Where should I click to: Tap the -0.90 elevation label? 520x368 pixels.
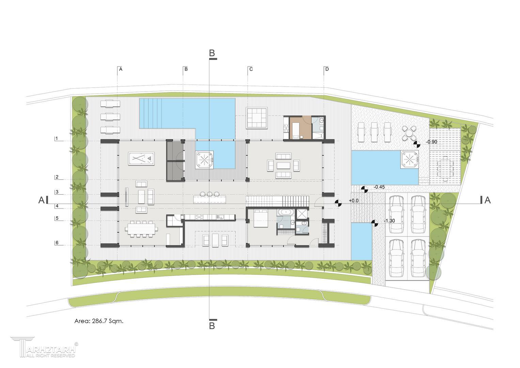[432, 142]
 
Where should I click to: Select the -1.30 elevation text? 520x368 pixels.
[389, 221]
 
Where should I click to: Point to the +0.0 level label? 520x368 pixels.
[353, 200]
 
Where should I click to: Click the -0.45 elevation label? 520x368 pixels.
[379, 187]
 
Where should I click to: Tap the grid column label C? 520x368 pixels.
[251, 69]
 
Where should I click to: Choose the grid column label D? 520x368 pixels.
[327, 69]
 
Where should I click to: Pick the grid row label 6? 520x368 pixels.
[57, 243]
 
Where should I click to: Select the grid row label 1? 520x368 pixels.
[57, 139]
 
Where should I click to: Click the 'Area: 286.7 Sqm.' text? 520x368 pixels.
[99, 321]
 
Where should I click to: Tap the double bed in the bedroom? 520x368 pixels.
[261, 218]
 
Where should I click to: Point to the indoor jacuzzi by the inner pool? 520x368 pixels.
[204, 159]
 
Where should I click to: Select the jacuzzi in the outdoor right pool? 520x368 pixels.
[409, 159]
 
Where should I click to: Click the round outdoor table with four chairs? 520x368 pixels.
[409, 133]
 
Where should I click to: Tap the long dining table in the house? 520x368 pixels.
[141, 229]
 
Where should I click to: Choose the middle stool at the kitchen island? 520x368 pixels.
[210, 193]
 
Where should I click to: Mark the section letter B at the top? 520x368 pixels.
[212, 53]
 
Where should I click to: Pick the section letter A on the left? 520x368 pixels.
[41, 200]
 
